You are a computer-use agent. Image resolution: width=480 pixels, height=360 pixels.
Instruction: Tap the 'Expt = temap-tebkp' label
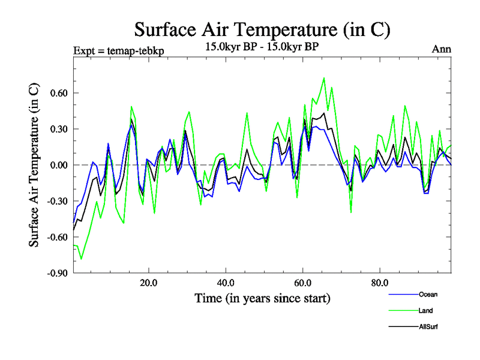pos(118,50)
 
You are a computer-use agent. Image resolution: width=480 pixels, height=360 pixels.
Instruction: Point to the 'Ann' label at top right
pos(441,49)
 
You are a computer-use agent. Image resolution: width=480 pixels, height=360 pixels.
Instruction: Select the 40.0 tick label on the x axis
pos(225,283)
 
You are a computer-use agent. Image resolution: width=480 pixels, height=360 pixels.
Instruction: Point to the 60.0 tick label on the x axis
pos(302,283)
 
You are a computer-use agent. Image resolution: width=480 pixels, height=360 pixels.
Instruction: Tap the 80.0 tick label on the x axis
pos(380,283)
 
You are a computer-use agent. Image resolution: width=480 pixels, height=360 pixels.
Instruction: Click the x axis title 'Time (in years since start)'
pos(262,298)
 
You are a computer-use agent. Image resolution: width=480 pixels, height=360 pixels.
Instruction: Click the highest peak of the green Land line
pos(324,78)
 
